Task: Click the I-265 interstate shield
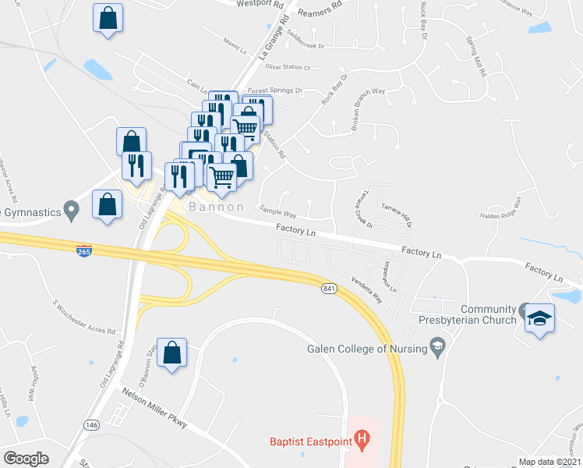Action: pyautogui.click(x=85, y=250)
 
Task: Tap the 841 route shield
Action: pyautogui.click(x=328, y=289)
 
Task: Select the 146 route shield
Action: pyautogui.click(x=92, y=424)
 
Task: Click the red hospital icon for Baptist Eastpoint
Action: pyautogui.click(x=362, y=442)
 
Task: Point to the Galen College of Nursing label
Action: pyautogui.click(x=368, y=349)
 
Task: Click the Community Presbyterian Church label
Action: pyautogui.click(x=488, y=314)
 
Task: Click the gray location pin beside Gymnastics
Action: pyautogui.click(x=72, y=210)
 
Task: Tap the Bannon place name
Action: pyautogui.click(x=214, y=207)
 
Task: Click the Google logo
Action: pyautogui.click(x=26, y=459)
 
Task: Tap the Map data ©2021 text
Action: pyautogui.click(x=550, y=462)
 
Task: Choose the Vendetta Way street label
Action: pyautogui.click(x=366, y=291)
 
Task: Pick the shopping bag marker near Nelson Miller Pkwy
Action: pyautogui.click(x=171, y=354)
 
